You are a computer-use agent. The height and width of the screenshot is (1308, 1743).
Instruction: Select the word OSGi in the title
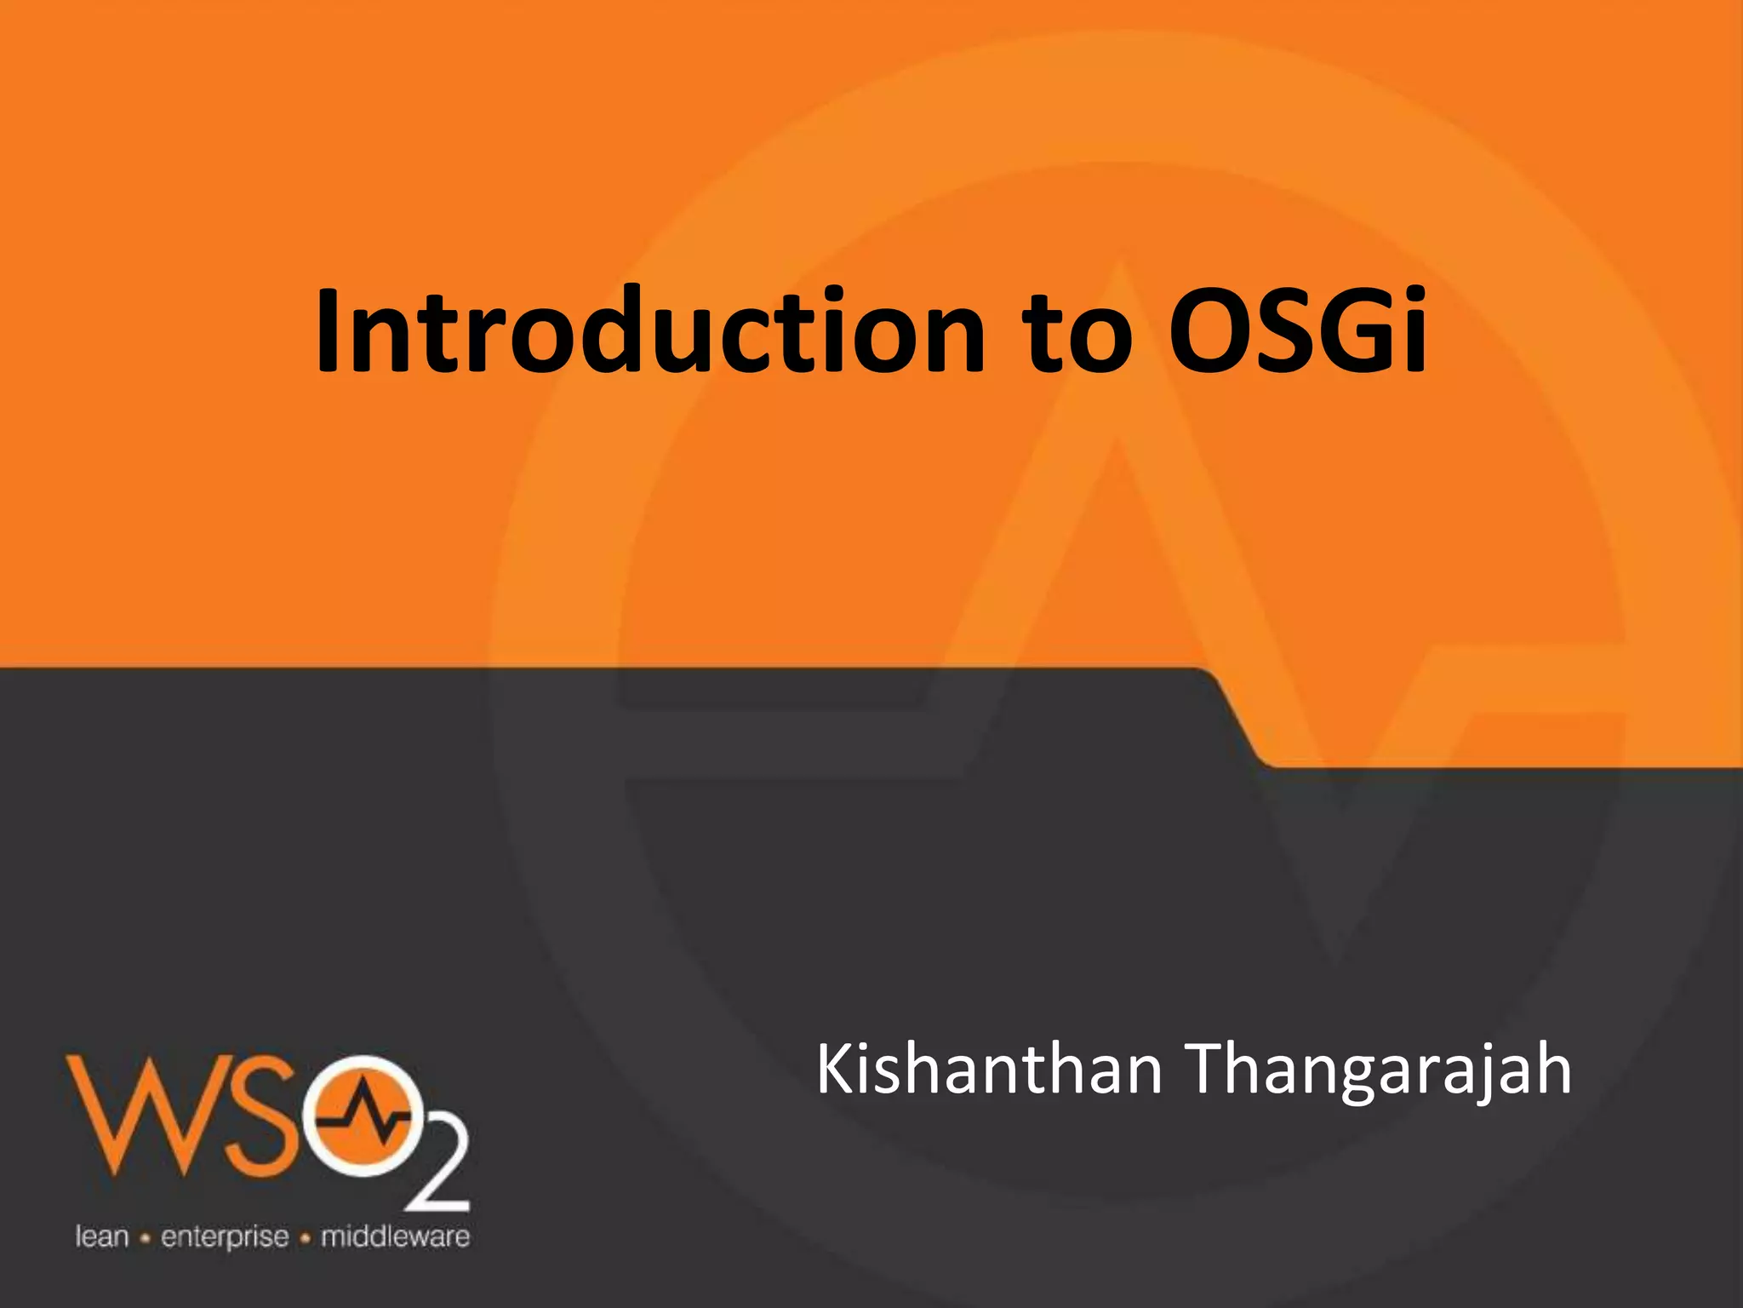(x=1297, y=332)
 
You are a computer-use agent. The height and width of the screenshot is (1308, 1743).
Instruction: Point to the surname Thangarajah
(x=1378, y=1071)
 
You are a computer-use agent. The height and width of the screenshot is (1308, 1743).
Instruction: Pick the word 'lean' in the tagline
(x=102, y=1236)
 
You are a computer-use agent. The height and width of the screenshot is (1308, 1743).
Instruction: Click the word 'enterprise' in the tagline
(x=225, y=1237)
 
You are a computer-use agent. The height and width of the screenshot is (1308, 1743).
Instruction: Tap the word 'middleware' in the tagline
(x=395, y=1236)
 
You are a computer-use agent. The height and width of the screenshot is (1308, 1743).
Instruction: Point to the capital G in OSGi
(x=1352, y=332)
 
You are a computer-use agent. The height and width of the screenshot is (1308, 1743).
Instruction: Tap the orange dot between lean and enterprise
(x=145, y=1238)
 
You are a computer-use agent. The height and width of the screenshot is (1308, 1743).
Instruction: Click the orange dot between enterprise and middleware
(x=305, y=1238)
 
